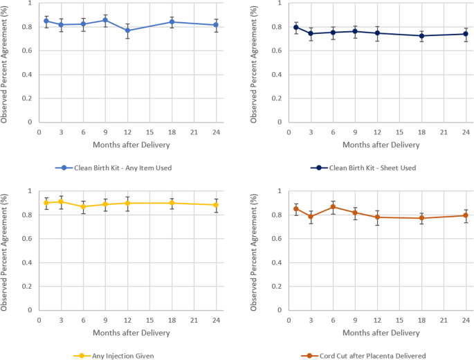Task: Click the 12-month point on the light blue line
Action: click(127, 30)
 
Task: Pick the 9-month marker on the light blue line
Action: click(105, 20)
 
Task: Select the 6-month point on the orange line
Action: click(334, 207)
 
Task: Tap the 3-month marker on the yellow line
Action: click(61, 201)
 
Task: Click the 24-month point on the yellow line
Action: click(216, 205)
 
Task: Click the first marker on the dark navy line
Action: click(296, 27)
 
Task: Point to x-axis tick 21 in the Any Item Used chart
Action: click(194, 132)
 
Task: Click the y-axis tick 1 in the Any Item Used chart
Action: click(28, 3)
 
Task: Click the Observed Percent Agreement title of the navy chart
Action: click(255, 62)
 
